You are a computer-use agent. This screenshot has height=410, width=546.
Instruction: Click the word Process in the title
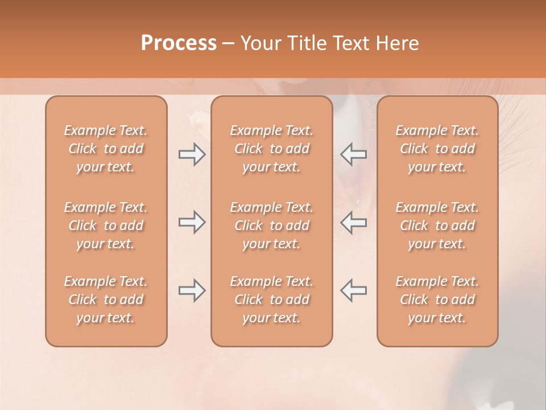tap(179, 43)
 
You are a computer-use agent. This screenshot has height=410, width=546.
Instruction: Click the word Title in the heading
tap(305, 43)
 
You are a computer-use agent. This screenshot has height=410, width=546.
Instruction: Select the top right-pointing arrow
tap(192, 154)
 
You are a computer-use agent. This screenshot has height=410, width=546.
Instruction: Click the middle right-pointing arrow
tap(192, 223)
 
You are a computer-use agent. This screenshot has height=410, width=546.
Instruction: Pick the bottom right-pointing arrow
tap(192, 290)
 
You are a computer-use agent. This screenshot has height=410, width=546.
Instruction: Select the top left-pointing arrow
tap(353, 154)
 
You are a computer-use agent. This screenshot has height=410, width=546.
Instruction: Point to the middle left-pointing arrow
tap(353, 223)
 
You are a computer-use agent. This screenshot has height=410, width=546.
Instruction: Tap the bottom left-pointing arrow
tap(353, 290)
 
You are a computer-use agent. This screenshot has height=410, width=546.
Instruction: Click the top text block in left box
tap(106, 149)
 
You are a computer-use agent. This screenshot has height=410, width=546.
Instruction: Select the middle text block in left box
tap(106, 225)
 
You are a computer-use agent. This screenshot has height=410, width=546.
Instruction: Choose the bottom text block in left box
tap(106, 300)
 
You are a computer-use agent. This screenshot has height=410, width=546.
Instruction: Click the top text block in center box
tap(271, 149)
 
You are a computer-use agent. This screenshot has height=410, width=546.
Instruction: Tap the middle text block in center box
tap(271, 225)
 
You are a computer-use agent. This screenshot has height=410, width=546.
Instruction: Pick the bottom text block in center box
tap(271, 300)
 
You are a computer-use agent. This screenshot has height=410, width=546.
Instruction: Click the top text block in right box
tap(437, 149)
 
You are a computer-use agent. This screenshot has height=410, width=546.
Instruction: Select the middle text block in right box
tap(437, 225)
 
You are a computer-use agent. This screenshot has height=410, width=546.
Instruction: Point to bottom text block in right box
tap(437, 300)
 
